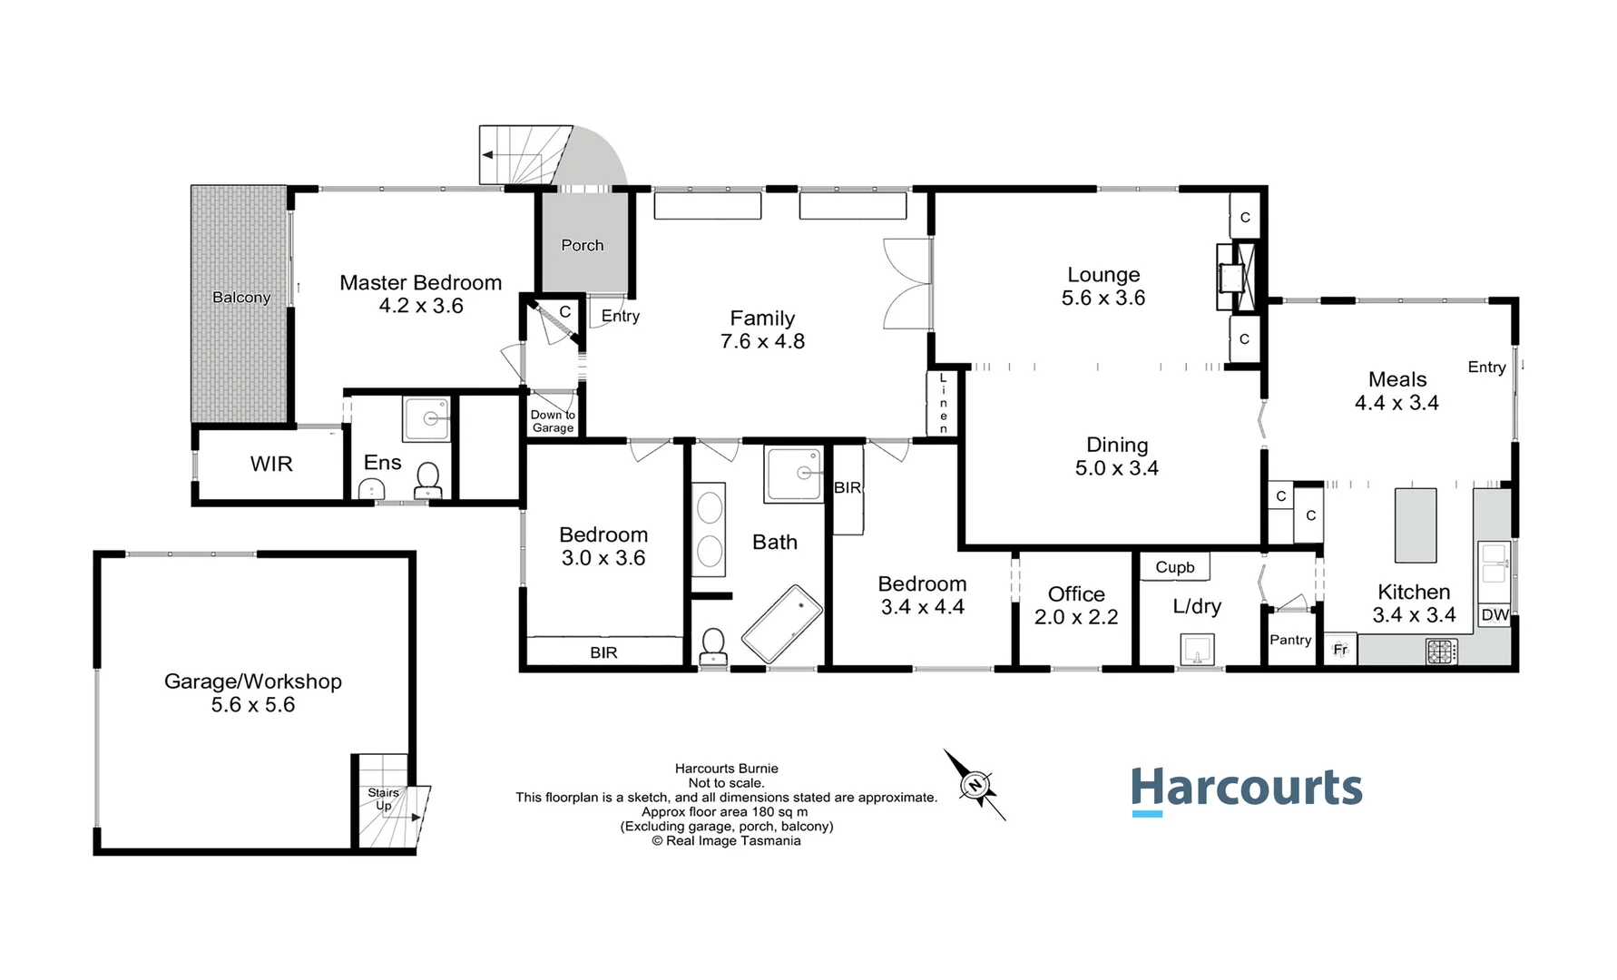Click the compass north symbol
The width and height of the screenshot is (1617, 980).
[975, 785]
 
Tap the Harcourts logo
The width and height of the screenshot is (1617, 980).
[1246, 789]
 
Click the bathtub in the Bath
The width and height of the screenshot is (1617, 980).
[781, 623]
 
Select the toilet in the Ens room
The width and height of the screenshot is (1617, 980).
[427, 479]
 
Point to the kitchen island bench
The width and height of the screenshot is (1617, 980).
[1415, 525]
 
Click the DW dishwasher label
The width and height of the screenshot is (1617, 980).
[1494, 615]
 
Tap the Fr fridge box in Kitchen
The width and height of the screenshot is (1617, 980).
[1340, 650]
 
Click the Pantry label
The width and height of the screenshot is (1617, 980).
[1290, 640]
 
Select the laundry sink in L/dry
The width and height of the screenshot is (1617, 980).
[1197, 651]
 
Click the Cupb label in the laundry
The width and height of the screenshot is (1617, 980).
[1174, 567]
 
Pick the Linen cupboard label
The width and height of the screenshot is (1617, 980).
[943, 403]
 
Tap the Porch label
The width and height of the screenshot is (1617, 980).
[583, 245]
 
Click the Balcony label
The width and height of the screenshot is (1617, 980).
[241, 298]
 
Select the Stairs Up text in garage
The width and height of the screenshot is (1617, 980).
[383, 799]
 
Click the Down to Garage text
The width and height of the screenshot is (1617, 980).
[553, 421]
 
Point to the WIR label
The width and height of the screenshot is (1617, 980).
[271, 464]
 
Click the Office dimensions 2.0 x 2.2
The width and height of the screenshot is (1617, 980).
[1076, 617]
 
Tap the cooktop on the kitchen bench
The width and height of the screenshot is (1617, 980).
[1441, 651]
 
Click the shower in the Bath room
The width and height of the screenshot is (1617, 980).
[793, 473]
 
